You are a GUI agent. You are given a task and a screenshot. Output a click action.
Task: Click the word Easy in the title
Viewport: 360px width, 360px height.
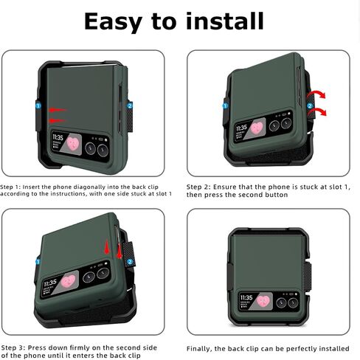114,22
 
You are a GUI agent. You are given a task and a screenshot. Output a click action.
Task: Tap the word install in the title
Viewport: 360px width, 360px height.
225,21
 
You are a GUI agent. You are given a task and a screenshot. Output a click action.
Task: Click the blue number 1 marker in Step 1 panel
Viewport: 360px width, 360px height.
38,106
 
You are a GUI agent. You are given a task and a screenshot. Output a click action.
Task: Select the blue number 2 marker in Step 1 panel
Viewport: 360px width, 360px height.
130,106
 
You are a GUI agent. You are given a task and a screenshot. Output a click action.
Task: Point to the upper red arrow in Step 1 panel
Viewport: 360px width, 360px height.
58,110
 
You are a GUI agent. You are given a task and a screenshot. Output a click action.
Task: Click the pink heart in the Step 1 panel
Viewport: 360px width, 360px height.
73,144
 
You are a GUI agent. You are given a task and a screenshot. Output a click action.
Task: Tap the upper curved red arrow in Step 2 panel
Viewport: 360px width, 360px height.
316,94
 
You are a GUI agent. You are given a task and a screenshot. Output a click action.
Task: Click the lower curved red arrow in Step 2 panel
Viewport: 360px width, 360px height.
317,112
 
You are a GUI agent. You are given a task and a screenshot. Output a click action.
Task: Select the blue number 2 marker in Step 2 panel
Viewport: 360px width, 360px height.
310,106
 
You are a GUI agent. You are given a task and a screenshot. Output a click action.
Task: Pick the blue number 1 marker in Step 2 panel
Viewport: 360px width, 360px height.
225,106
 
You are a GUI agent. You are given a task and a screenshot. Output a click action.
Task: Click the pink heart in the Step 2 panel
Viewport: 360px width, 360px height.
257,128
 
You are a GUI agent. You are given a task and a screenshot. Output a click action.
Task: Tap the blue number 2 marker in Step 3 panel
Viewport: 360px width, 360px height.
131,262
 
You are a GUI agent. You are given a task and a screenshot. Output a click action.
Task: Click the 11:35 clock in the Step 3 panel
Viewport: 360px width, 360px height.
50,283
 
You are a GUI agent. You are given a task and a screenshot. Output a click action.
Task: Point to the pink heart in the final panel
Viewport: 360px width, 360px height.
263,301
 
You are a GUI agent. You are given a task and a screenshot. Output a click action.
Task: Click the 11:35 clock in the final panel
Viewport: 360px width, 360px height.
246,297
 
